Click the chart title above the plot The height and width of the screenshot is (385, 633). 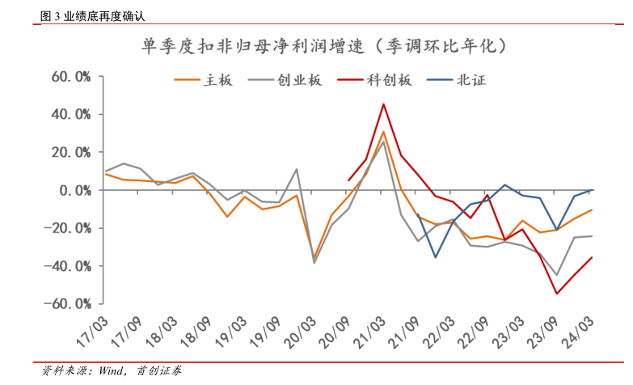[324, 45]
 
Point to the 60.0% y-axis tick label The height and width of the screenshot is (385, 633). [70, 77]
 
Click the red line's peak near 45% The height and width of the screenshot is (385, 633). [383, 104]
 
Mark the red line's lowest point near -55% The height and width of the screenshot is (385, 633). [557, 294]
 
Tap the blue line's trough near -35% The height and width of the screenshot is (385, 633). [436, 257]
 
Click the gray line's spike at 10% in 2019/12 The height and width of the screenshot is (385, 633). [297, 169]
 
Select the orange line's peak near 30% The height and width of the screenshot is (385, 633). [383, 132]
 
